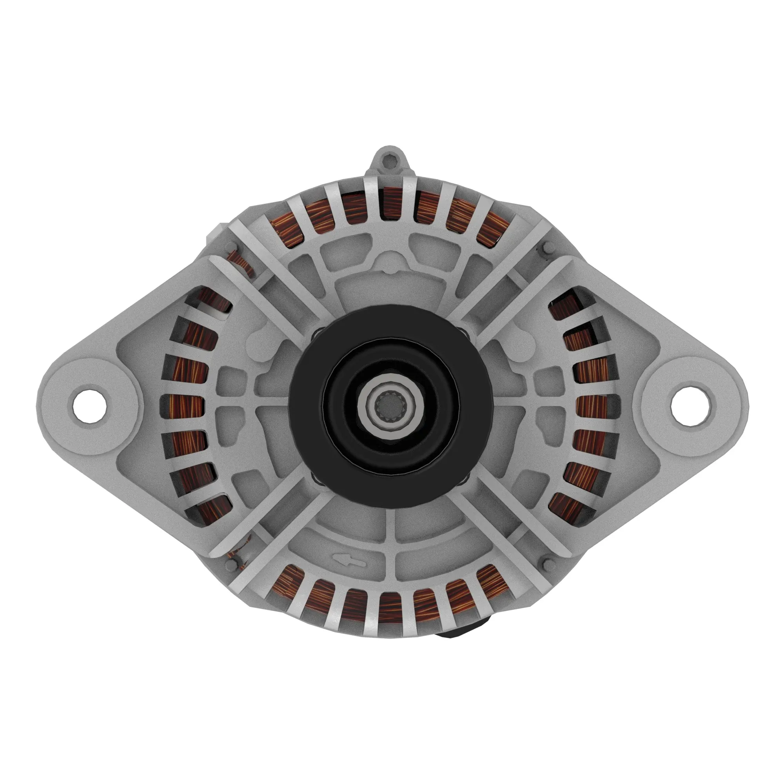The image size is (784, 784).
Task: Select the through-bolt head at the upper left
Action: point(232,245)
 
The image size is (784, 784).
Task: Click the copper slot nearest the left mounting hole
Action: point(185,408)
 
